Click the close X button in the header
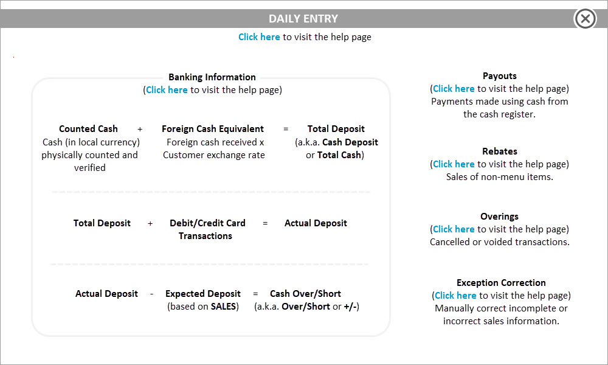585,18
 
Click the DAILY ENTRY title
303,19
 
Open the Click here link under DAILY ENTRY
259,37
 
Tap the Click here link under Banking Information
167,90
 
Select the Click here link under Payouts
454,89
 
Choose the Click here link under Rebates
454,164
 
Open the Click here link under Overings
454,229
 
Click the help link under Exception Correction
455,296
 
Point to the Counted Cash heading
88,129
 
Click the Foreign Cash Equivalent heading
212,129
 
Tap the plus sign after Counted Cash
140,129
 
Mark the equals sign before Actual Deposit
265,223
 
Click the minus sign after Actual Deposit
151,294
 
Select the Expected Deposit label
203,294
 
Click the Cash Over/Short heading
306,294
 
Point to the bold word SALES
223,307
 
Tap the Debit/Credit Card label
207,223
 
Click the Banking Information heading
212,77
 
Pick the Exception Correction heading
501,283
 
